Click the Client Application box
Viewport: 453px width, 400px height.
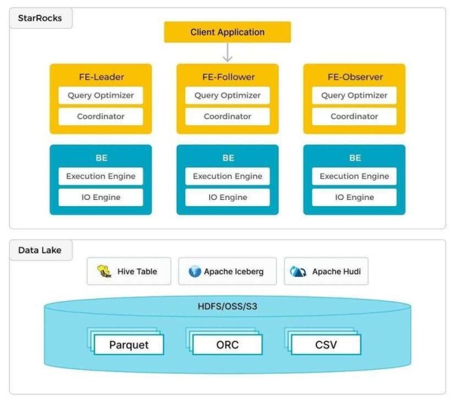227,32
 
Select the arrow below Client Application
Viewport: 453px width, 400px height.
228,52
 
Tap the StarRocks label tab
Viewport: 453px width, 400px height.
41,18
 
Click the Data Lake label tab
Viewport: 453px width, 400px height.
41,250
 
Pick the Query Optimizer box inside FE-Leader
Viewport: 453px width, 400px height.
100,95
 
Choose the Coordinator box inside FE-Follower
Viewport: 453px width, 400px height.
227,116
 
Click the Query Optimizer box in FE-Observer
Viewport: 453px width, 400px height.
354,95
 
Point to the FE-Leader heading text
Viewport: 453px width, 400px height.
101,77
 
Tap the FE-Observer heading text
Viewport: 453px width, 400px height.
355,77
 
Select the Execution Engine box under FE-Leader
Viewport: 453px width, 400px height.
100,176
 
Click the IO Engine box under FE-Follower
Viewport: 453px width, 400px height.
227,197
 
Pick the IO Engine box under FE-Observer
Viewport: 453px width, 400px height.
354,197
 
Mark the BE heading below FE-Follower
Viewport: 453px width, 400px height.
228,158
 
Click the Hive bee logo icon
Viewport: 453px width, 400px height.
104,271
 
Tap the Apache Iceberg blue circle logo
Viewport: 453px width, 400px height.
195,272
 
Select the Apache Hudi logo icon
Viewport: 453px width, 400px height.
298,272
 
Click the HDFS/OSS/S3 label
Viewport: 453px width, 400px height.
227,306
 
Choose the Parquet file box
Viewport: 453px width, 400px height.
129,345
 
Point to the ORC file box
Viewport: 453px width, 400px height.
227,345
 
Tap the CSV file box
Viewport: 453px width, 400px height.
326,345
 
